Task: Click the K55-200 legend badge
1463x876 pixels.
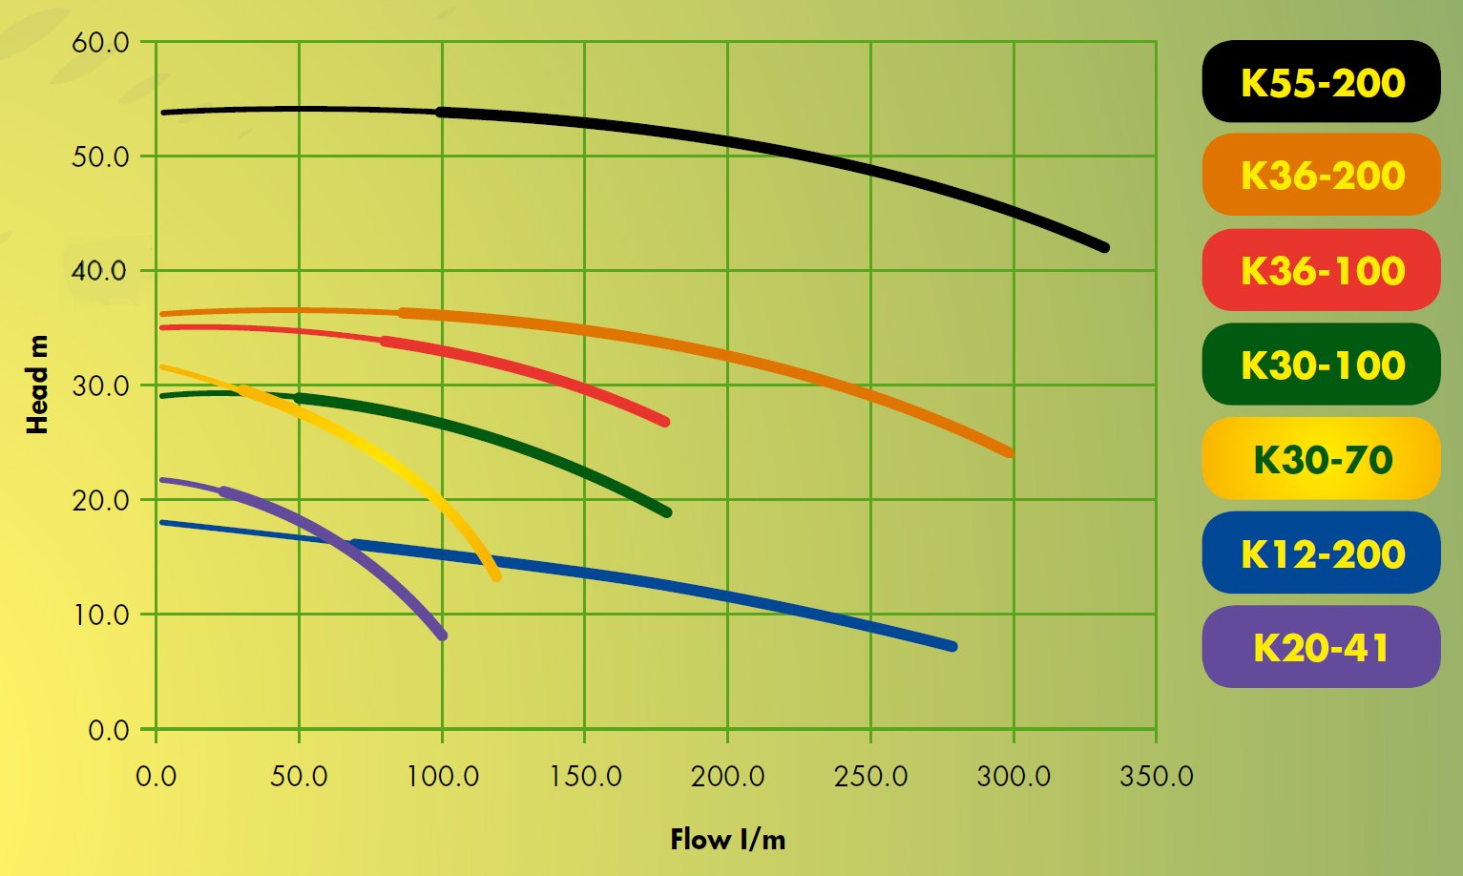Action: tap(1321, 82)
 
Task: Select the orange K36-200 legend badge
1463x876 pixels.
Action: tap(1321, 176)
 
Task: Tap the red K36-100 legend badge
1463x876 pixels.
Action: tap(1321, 270)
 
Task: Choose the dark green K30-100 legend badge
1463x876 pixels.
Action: tap(1321, 365)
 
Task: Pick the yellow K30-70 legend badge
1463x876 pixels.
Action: tap(1321, 459)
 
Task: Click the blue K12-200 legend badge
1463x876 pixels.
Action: tap(1321, 553)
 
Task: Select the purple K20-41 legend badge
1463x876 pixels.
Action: tap(1321, 647)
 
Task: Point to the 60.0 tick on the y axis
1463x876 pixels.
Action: tap(99, 43)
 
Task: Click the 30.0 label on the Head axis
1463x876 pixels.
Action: tap(99, 386)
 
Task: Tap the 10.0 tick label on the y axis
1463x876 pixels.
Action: tap(99, 615)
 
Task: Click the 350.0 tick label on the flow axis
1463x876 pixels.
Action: tap(1156, 776)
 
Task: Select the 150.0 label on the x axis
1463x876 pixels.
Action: tap(584, 776)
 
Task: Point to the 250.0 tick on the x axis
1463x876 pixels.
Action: tap(870, 776)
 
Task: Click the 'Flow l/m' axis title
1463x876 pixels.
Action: tap(727, 840)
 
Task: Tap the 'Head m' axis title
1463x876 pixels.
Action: tap(37, 386)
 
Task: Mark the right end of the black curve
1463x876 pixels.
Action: tap(1104, 247)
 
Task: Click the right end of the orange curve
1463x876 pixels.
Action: tap(1009, 452)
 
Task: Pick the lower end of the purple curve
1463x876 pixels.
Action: tap(442, 636)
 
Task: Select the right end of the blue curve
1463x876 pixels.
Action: tap(951, 646)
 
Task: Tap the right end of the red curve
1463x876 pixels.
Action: tap(664, 421)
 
